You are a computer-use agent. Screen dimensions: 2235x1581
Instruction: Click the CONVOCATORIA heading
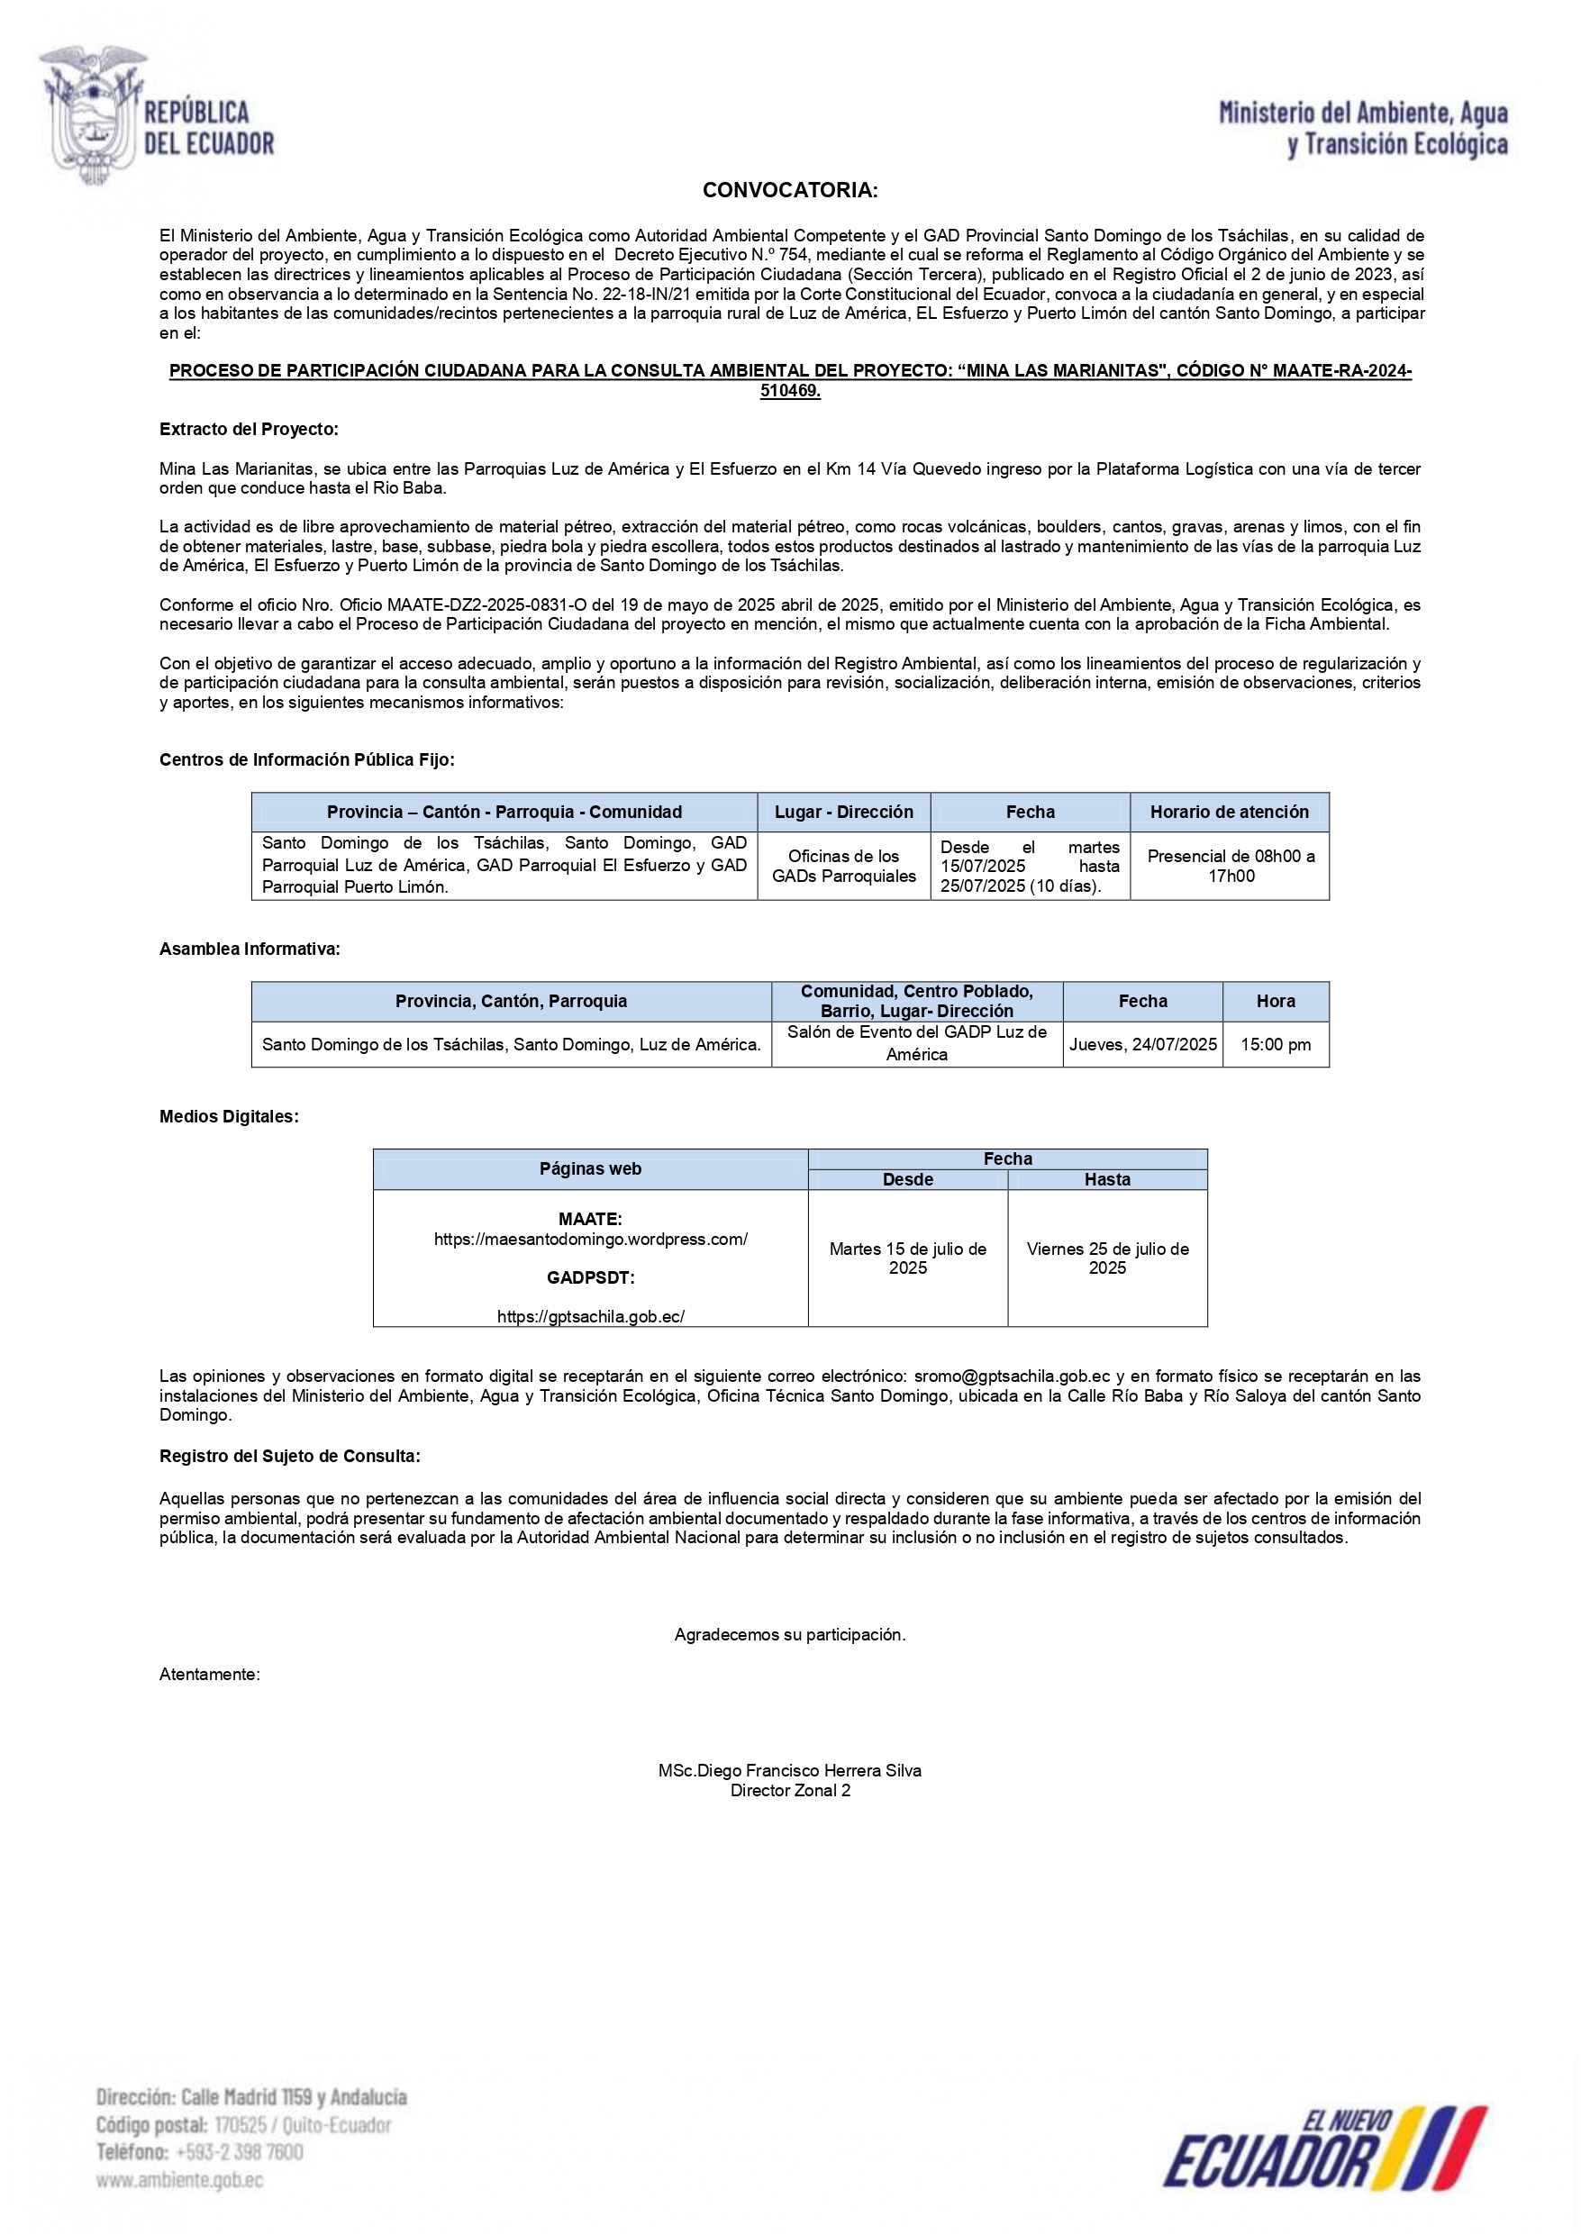[x=789, y=191]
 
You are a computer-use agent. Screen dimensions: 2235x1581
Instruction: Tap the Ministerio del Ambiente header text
[x=1363, y=129]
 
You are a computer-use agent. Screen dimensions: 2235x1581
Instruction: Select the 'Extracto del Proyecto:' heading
[x=249, y=430]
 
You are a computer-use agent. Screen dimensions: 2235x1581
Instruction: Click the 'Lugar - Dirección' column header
[x=843, y=812]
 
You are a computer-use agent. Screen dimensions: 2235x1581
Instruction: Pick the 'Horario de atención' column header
[x=1229, y=812]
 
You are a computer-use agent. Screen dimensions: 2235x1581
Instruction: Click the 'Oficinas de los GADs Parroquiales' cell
[x=843, y=866]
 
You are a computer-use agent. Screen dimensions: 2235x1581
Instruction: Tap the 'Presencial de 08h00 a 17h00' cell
[x=1230, y=866]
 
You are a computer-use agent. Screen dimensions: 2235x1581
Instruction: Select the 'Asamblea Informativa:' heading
[x=250, y=949]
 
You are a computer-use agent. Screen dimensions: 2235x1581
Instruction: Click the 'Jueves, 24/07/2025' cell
[x=1142, y=1044]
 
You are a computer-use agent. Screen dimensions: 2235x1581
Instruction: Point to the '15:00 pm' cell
[x=1276, y=1044]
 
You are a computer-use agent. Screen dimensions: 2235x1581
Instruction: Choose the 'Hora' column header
[x=1276, y=1001]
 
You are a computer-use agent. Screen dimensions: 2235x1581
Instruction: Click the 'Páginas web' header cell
[x=590, y=1169]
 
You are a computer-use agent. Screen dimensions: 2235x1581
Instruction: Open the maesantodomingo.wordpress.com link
[x=590, y=1240]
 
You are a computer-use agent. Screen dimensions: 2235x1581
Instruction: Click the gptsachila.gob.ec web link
[x=590, y=1316]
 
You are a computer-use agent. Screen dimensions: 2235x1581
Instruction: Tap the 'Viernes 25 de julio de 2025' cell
[x=1107, y=1258]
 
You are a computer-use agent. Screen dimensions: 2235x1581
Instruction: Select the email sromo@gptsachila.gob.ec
[x=1012, y=1376]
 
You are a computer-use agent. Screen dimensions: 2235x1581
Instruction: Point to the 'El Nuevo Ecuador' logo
[x=1324, y=2149]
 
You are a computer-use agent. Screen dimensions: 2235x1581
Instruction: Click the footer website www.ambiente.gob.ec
[x=179, y=2180]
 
